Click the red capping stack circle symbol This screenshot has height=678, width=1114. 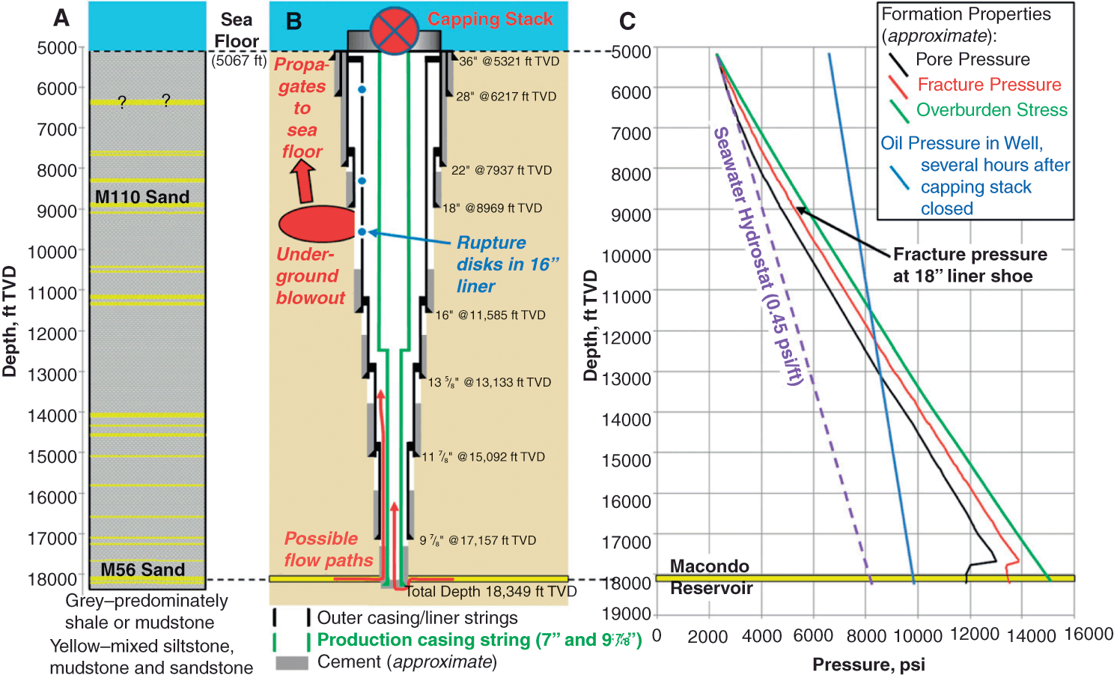394,31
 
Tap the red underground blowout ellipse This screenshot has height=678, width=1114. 317,224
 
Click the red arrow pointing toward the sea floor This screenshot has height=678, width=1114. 303,181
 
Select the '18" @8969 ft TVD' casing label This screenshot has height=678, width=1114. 492,208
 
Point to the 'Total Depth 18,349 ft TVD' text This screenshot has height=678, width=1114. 491,592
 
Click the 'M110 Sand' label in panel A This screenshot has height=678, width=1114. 142,197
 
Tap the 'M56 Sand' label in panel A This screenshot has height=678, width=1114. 142,570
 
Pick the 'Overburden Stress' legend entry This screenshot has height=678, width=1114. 991,110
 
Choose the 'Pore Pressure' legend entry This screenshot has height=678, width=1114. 973,60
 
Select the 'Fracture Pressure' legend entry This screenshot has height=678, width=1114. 989,85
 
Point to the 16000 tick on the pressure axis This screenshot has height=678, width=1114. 1088,635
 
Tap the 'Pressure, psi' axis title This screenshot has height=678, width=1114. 868,665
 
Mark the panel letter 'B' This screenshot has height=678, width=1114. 293,22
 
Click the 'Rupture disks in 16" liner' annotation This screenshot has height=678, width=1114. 507,264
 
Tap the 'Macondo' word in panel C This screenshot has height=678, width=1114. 709,566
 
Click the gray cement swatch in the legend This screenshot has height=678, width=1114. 291,663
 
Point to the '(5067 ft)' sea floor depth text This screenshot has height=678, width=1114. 238,61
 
